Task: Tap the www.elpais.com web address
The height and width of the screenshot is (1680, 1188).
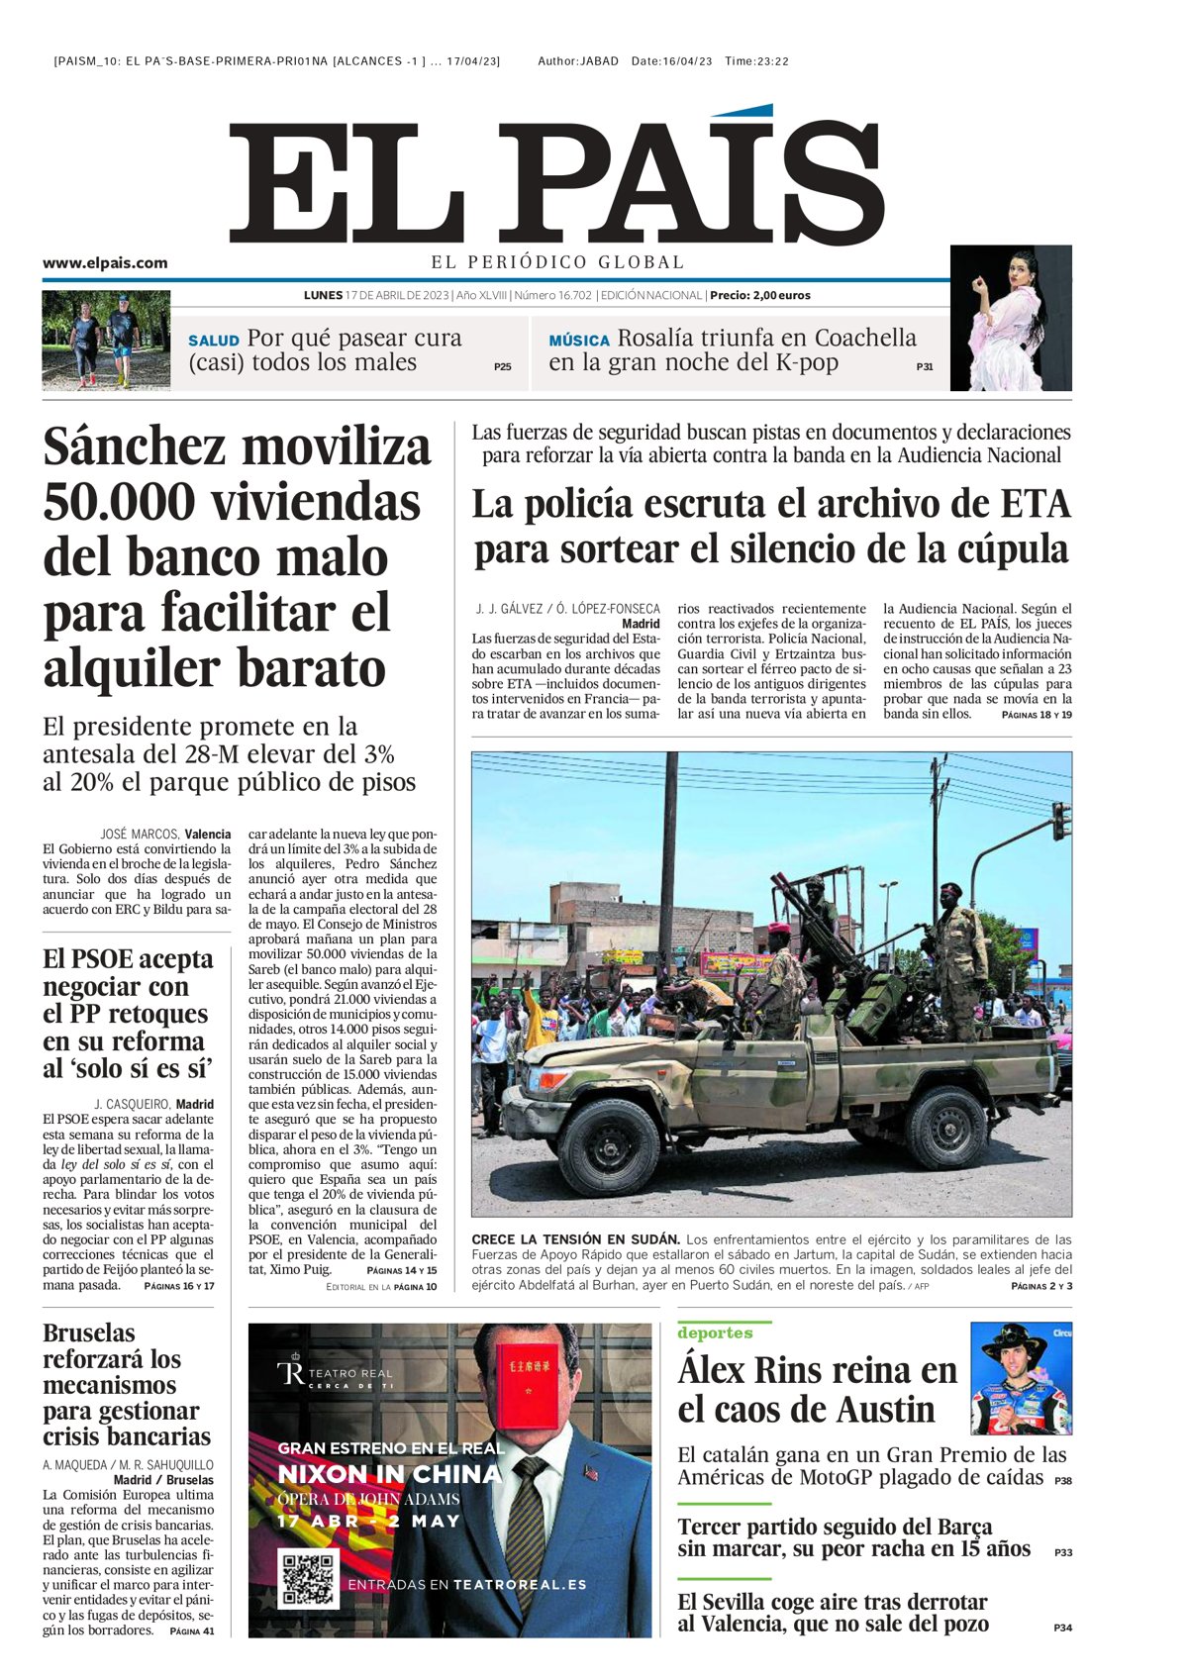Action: coord(105,263)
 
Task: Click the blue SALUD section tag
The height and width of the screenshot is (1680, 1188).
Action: coord(214,341)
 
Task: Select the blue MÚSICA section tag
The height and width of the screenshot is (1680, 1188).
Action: coord(579,341)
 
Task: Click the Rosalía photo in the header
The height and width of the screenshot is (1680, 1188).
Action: coord(1010,319)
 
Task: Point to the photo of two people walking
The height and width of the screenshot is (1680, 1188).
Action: coord(106,340)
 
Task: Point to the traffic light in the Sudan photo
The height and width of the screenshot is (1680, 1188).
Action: coord(1061,822)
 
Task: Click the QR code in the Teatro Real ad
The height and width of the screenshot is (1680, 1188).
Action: coord(309,1579)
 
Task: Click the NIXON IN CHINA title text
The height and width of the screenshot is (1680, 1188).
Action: coord(389,1474)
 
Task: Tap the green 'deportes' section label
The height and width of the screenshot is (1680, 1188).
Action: coord(715,1333)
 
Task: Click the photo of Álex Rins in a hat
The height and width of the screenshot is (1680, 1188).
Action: coord(1021,1379)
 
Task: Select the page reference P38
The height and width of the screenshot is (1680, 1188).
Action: coord(1062,1481)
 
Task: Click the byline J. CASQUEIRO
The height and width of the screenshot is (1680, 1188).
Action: coord(132,1104)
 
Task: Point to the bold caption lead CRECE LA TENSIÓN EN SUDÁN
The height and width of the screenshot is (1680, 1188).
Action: coord(575,1239)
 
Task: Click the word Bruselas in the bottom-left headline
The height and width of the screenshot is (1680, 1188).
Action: coord(89,1334)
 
